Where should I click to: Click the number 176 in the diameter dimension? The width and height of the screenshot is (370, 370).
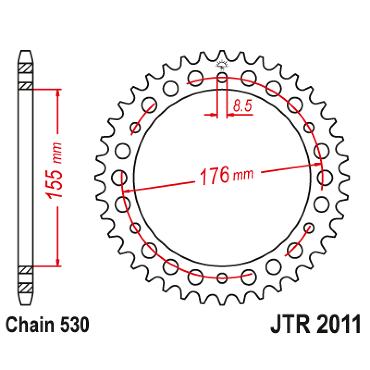coord(214,176)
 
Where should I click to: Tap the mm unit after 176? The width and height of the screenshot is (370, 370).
coord(243,176)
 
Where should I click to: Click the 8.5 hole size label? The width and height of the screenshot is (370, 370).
coord(242,106)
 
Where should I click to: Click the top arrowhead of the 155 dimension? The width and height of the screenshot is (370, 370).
coord(58,92)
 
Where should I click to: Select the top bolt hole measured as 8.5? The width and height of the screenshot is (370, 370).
coord(222,77)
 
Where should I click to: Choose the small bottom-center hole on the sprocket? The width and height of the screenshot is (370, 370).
coord(222,277)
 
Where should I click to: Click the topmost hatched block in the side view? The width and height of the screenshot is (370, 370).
coord(26,68)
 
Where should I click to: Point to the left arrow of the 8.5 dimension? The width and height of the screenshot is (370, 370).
coord(213,114)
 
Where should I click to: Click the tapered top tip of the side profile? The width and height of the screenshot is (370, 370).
coord(26,53)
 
